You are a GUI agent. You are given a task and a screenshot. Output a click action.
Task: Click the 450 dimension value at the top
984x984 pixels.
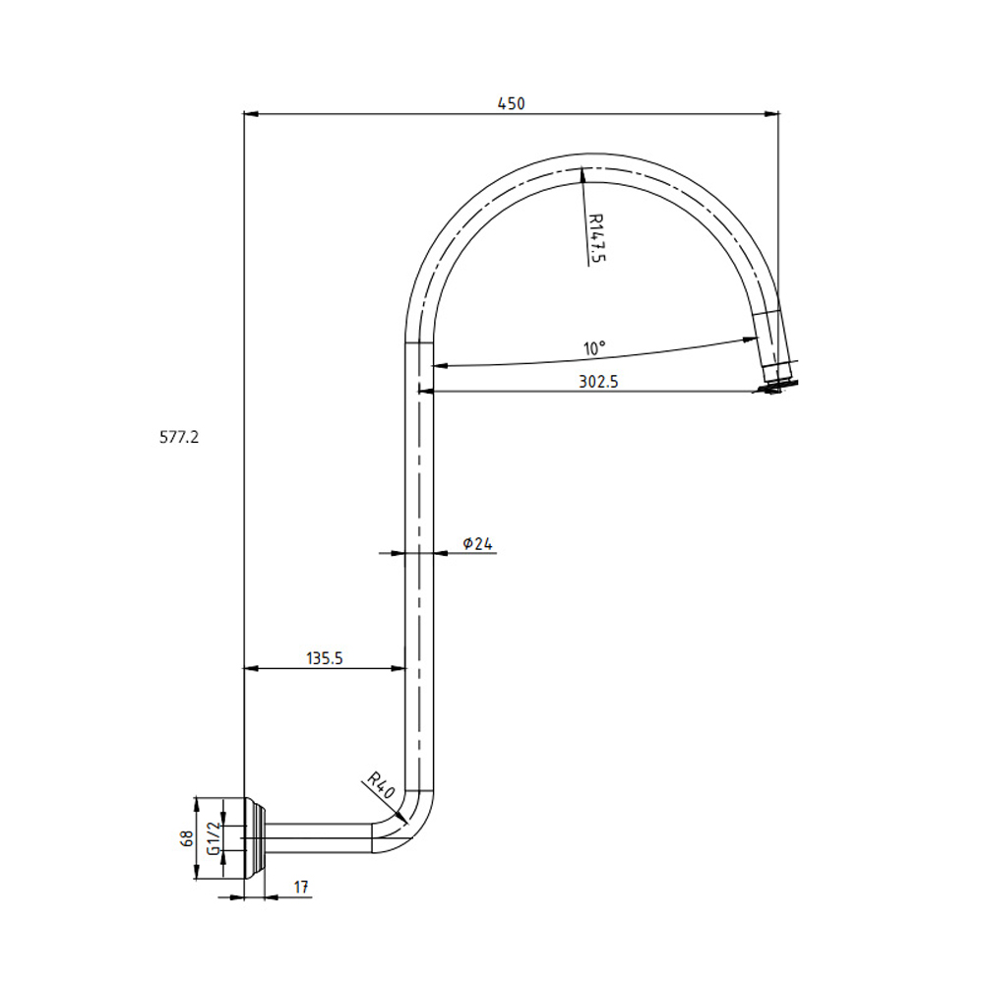[x=511, y=103]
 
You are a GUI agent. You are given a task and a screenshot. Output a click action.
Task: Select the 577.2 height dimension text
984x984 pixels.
[x=179, y=437]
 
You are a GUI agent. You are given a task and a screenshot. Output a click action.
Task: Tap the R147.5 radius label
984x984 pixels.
[x=597, y=238]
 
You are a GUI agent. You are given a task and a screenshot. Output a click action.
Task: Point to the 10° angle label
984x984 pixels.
[x=594, y=348]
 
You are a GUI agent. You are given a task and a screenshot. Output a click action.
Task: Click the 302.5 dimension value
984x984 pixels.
[x=598, y=382]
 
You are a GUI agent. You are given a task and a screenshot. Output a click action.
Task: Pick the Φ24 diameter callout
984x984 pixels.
[x=477, y=543]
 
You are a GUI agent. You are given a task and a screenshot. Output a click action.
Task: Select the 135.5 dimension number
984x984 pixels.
[x=325, y=658]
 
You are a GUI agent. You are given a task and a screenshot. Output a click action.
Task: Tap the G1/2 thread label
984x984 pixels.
[x=214, y=838]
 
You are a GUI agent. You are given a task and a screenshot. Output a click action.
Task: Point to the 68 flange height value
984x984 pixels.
[x=187, y=838]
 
